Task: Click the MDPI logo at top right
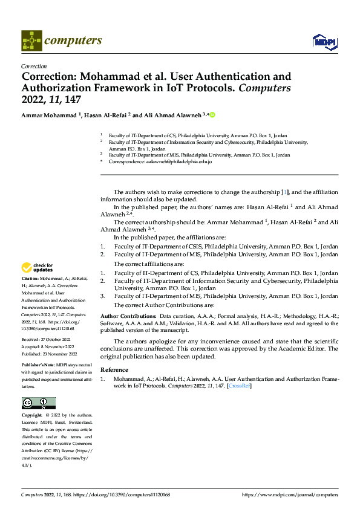pos(324,41)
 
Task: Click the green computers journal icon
pos(32,41)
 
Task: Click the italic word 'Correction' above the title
pos(34,66)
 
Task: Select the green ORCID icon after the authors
pos(212,115)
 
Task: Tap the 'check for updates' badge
pos(38,267)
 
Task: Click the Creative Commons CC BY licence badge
pos(38,403)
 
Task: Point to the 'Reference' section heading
pos(114,369)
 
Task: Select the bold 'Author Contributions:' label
pos(128,316)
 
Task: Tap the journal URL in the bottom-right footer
pos(290,494)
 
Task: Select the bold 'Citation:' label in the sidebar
pos(31,278)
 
